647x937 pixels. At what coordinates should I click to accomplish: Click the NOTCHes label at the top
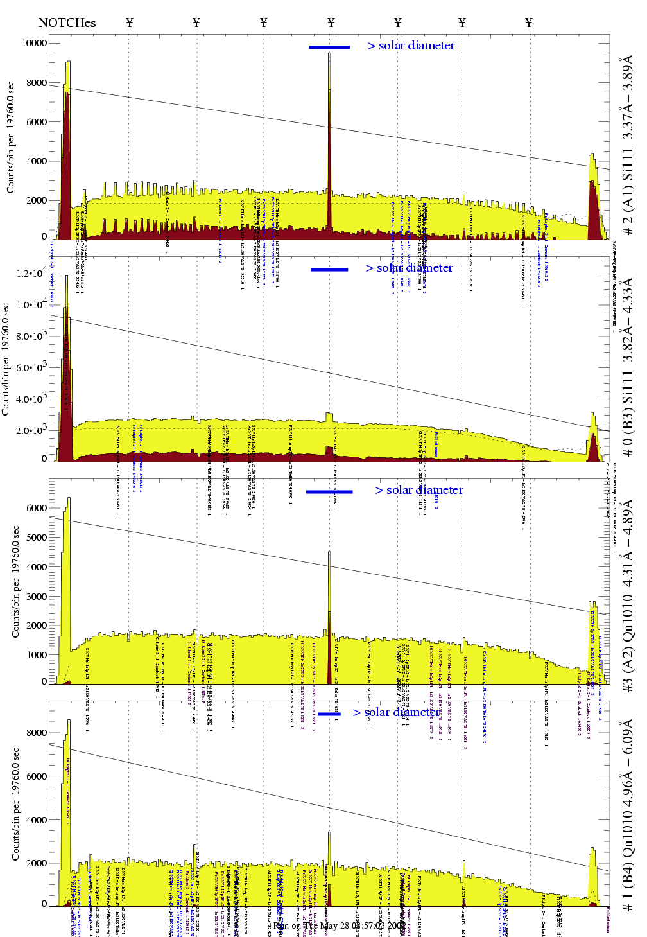pos(67,23)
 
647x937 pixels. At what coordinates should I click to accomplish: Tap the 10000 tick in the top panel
pos(34,43)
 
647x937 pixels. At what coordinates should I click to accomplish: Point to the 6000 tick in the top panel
pos(36,122)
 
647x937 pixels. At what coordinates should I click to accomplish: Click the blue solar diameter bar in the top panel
pos(329,47)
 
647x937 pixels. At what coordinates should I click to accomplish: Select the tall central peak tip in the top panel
pos(329,54)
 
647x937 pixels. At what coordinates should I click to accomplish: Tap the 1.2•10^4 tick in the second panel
pos(31,273)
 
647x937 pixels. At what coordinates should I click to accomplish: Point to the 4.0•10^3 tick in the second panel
pos(31,399)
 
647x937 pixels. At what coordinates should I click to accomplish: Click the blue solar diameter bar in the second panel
pos(329,270)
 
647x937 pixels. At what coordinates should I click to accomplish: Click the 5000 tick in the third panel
pos(36,537)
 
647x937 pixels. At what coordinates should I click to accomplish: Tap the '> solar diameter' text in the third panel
pos(419,490)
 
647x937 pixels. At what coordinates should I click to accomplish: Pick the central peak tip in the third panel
pos(329,552)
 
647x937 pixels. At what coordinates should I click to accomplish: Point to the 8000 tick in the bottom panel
pos(36,733)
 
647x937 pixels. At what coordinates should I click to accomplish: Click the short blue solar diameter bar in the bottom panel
pos(329,714)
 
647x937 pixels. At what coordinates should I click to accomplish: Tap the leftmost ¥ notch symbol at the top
pos(130,23)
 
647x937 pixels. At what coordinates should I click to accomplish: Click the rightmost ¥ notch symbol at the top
pos(529,23)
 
